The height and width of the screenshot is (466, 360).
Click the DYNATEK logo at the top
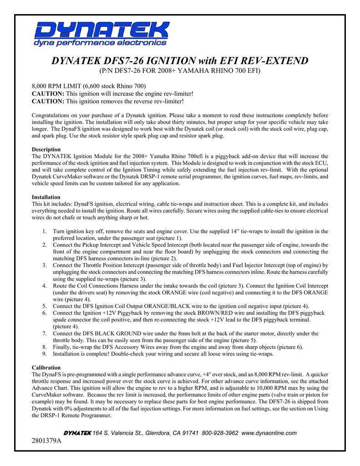point(101,31)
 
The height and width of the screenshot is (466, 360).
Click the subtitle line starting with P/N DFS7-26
point(180,71)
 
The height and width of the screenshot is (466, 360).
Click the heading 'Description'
point(46,149)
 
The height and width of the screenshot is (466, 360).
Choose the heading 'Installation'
point(46,197)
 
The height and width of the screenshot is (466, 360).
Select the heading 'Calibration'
point(46,367)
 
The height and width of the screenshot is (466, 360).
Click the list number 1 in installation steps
point(45,232)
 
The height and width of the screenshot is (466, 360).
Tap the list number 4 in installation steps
point(45,286)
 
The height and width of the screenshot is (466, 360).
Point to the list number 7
point(45,334)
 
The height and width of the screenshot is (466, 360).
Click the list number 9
point(45,354)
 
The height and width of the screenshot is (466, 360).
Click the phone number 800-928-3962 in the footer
point(220,433)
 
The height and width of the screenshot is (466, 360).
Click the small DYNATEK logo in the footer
point(76,433)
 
